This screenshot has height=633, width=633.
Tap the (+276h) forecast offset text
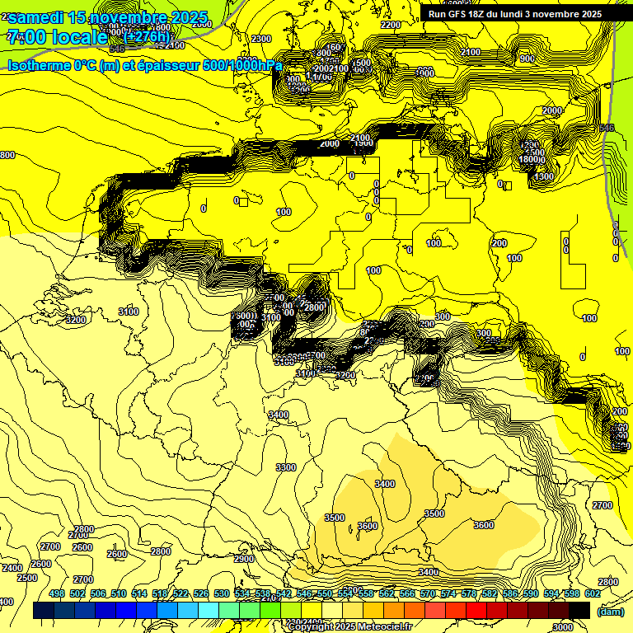(146, 36)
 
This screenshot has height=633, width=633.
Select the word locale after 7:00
(79, 37)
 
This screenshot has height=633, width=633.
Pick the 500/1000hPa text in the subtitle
(238, 65)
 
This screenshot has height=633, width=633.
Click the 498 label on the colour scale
(57, 593)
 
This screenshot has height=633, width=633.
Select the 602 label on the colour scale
(593, 593)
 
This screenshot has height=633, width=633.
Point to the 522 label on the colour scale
(181, 593)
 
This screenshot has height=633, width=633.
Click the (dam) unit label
(610, 611)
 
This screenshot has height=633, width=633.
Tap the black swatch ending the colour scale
(579, 610)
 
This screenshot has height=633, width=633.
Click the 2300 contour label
(261, 39)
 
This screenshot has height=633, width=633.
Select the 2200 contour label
(391, 25)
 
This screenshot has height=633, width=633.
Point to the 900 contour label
(527, 59)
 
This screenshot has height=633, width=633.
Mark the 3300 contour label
(285, 467)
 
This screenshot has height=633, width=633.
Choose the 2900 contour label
(243, 559)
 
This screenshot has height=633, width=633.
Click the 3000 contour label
(563, 627)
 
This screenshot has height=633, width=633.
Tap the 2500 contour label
(27, 578)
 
